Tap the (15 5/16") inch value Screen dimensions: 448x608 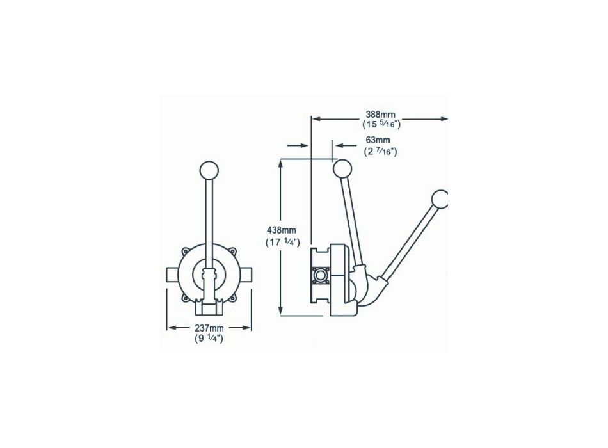pyautogui.click(x=380, y=125)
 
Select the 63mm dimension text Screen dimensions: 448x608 pyautogui.click(x=377, y=140)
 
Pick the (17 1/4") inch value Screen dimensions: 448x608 pyautogui.click(x=282, y=242)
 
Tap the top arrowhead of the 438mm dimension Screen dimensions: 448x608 pyautogui.click(x=282, y=162)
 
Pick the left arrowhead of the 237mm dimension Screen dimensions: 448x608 pyautogui.click(x=170, y=328)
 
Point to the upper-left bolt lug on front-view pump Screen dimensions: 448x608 pyautogui.click(x=185, y=252)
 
